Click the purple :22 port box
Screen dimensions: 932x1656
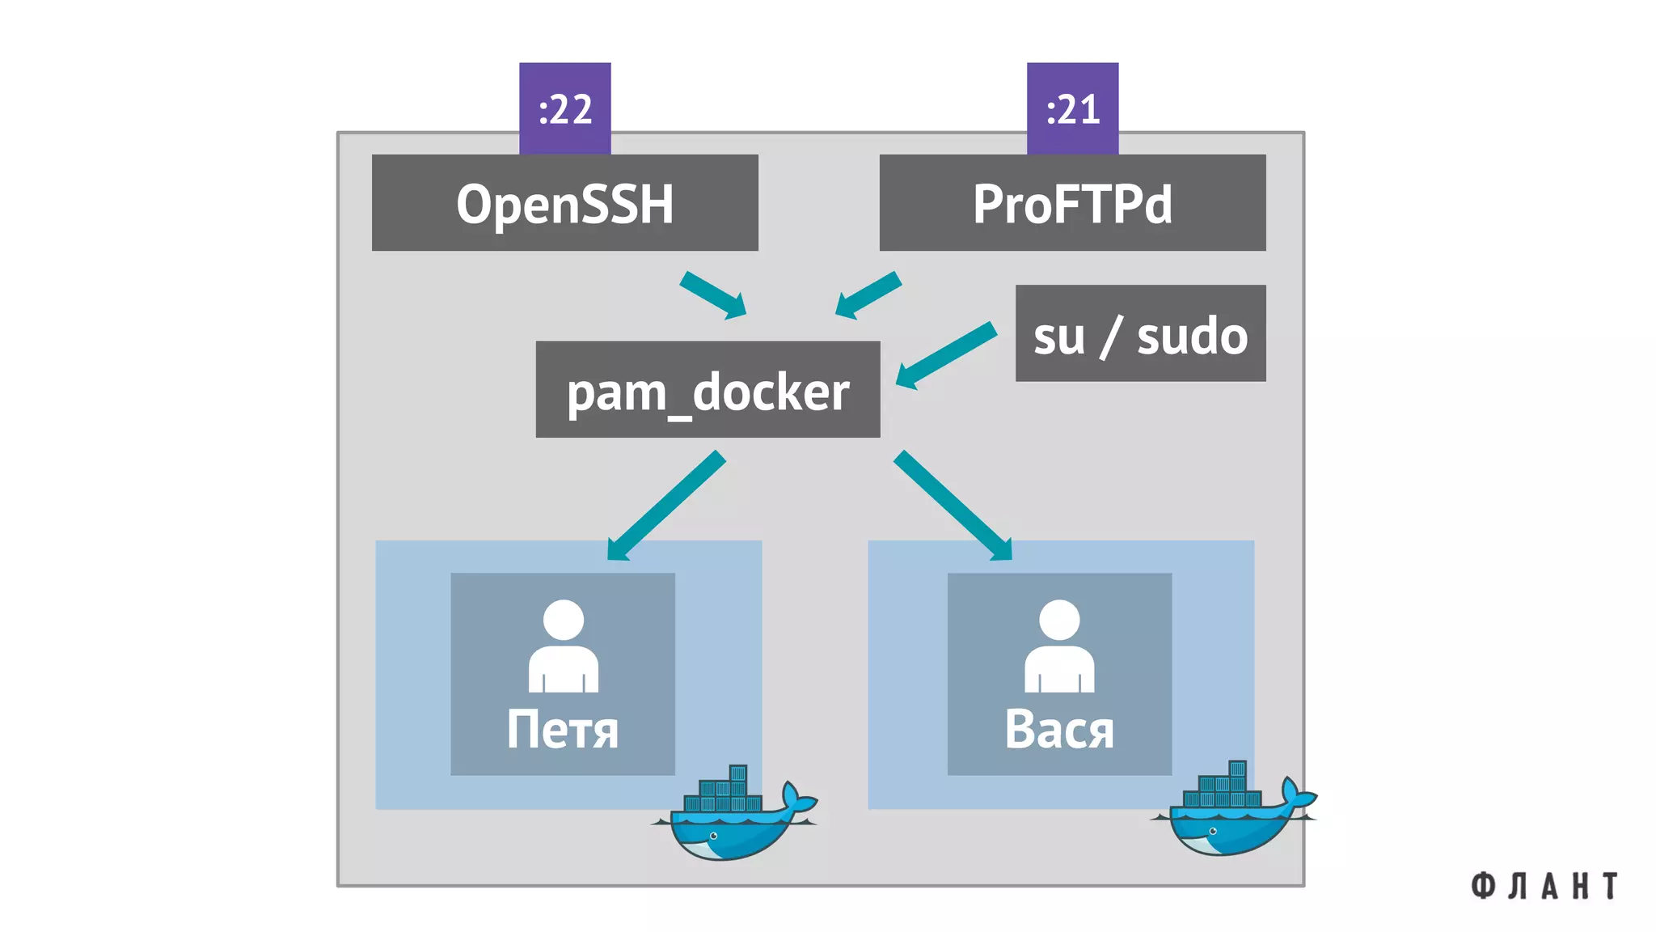coord(564,108)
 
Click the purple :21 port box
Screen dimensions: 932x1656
coord(1072,108)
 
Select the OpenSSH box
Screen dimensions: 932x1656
coord(564,203)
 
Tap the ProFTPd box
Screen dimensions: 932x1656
coord(1072,203)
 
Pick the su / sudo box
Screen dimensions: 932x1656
coord(1140,333)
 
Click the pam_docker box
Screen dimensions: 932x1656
coord(708,390)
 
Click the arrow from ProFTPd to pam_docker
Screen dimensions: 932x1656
coord(868,295)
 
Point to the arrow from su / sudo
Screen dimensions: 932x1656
coord(946,355)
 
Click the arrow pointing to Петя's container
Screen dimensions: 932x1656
coord(665,507)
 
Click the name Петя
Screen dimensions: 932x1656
coord(563,730)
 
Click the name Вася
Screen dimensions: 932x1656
coord(1059,730)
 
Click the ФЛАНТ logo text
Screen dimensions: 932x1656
coord(1544,886)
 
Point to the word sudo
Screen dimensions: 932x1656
coord(1192,336)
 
